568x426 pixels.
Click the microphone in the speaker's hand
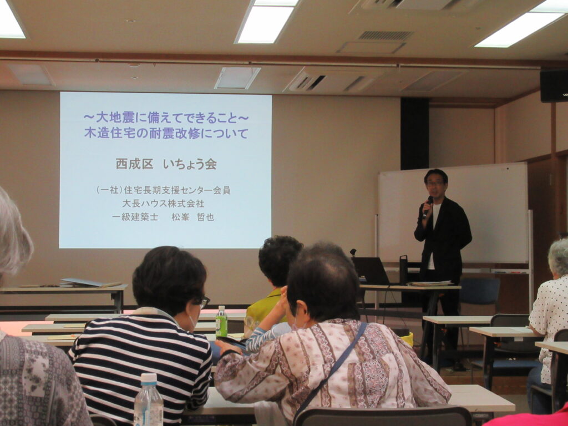[x=428, y=206]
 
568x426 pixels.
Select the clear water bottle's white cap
[x=149, y=378]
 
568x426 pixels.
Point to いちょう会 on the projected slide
[x=190, y=164]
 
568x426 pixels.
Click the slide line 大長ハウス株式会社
[x=164, y=203]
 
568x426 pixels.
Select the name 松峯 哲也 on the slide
[x=192, y=217]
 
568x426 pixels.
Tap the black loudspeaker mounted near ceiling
[x=554, y=85]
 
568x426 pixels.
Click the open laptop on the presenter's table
[x=371, y=271]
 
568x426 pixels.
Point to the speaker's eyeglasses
[x=435, y=183]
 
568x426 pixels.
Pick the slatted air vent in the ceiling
[x=386, y=35]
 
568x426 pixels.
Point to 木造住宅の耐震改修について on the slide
[x=166, y=133]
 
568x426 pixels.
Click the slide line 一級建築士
[x=135, y=217]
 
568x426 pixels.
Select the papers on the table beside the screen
[x=90, y=282]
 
